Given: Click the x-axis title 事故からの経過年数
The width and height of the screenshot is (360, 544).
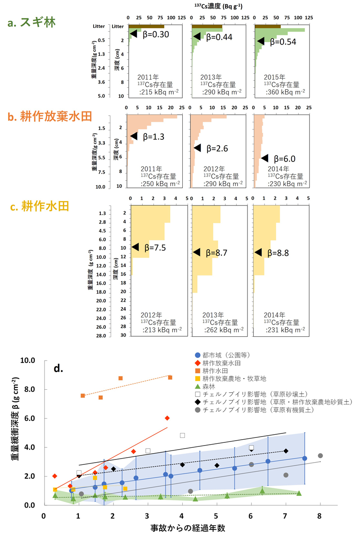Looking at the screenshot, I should pyautogui.click(x=182, y=529).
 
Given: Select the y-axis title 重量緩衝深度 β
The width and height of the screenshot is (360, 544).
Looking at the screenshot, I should pyautogui.click(x=14, y=432).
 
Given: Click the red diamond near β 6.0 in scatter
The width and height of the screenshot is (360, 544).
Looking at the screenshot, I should pyautogui.click(x=167, y=418).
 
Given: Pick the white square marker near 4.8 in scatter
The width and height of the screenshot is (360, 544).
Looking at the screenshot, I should pyautogui.click(x=182, y=435).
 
